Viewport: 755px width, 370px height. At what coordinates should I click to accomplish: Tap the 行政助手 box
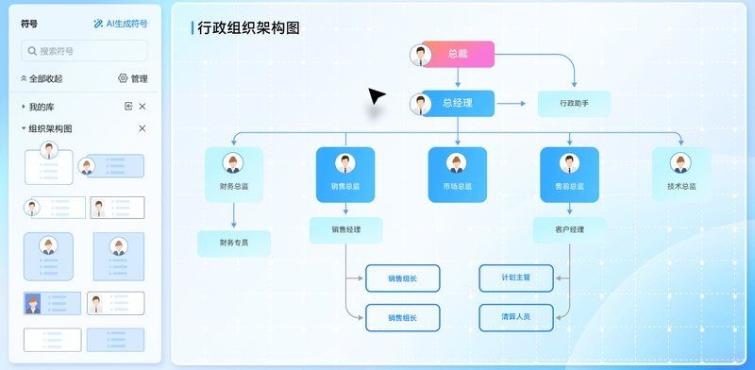click(574, 104)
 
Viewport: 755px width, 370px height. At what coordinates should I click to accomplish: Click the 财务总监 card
click(233, 175)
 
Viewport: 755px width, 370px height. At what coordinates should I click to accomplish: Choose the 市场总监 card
click(457, 175)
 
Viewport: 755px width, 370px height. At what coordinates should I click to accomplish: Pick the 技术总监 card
click(681, 175)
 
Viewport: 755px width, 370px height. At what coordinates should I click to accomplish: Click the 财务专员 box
click(233, 244)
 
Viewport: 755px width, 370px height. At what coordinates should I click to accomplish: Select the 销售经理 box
click(345, 229)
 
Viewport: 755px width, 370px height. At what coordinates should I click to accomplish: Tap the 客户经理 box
click(570, 229)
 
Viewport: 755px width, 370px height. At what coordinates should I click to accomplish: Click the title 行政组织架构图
click(248, 27)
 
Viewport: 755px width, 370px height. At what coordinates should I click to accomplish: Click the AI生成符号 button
click(121, 24)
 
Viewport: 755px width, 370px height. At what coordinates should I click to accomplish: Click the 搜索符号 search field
click(84, 51)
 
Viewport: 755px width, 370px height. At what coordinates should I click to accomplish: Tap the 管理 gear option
click(132, 78)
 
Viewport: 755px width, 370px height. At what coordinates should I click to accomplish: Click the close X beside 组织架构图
click(143, 128)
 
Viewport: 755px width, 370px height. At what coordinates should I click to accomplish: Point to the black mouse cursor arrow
click(377, 96)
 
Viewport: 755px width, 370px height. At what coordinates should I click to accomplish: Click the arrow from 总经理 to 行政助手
click(515, 104)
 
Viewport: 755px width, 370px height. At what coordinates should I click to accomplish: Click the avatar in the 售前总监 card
click(570, 162)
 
